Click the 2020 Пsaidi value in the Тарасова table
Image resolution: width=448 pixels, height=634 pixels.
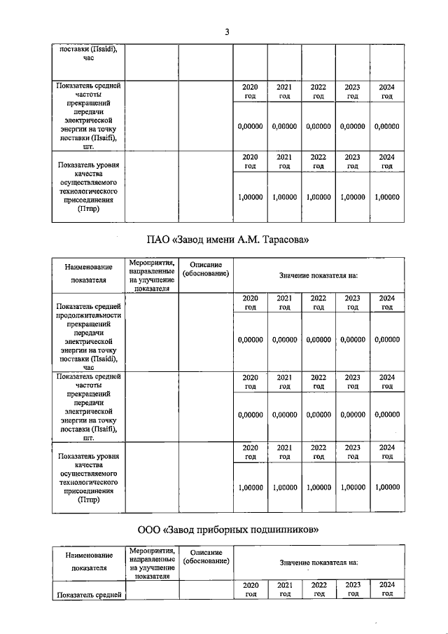250,340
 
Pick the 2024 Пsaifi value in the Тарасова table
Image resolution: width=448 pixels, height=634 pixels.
386,415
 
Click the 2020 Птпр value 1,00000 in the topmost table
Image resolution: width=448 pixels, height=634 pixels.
250,198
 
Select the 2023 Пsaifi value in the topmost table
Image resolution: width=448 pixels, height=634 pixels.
352,127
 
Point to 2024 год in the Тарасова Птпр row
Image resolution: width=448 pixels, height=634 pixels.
386,451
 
